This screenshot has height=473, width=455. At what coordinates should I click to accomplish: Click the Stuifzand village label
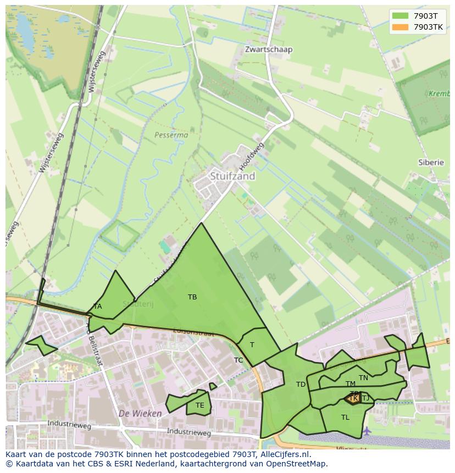232,176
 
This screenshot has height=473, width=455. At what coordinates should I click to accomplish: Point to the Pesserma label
171,135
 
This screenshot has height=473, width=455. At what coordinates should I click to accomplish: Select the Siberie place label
431,163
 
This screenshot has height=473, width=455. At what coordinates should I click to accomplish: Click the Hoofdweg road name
252,156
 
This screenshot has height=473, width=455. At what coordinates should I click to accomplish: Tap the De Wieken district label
140,413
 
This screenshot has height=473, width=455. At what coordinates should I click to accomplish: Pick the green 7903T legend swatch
400,16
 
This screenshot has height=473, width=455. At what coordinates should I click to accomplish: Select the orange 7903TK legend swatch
400,26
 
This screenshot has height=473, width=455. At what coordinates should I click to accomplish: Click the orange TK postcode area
353,398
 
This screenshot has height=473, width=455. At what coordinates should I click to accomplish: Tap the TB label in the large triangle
192,297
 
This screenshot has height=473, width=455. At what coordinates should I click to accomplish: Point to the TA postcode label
97,307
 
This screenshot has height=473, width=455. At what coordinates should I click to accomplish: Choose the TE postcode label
199,405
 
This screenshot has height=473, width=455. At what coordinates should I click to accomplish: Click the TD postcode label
301,385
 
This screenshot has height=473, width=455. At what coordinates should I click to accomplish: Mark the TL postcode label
345,418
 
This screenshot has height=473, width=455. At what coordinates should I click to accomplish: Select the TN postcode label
363,378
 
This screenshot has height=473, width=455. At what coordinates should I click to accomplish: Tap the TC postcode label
238,360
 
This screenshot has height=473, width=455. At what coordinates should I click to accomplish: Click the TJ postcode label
365,398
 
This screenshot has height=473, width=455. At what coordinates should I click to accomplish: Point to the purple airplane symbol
367,430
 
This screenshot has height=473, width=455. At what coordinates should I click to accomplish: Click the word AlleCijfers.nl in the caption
280,454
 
